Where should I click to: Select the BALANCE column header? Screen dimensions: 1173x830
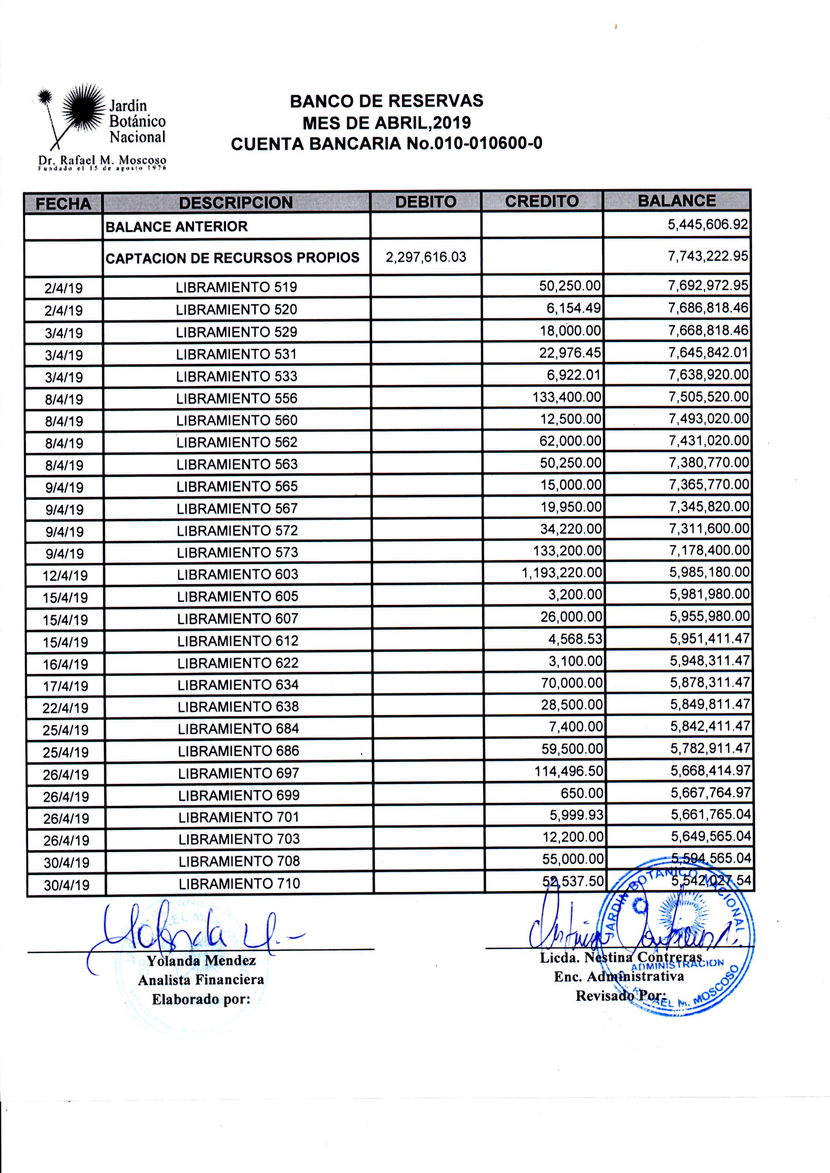click(x=677, y=200)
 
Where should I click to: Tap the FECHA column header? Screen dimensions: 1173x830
click(x=63, y=203)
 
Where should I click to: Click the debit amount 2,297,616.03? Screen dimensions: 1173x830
click(x=426, y=257)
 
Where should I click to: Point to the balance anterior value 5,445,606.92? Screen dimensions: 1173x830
click(x=708, y=224)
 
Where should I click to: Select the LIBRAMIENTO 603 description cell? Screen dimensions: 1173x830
click(x=238, y=574)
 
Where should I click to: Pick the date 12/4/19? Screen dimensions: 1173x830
click(x=65, y=575)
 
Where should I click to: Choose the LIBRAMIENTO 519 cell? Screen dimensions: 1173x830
click(x=236, y=287)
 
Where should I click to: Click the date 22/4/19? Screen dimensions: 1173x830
click(x=65, y=708)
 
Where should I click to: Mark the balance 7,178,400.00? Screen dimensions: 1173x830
click(x=709, y=550)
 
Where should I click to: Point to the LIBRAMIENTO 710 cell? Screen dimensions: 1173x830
click(x=239, y=883)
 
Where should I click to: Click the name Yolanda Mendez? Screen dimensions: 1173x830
click(x=201, y=961)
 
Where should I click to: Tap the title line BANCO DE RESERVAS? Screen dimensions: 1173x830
click(x=386, y=101)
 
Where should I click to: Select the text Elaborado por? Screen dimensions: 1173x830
click(x=201, y=999)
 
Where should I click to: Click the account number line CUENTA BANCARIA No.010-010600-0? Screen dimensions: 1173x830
click(x=386, y=144)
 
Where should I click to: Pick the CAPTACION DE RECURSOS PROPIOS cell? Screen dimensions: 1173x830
click(x=233, y=258)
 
